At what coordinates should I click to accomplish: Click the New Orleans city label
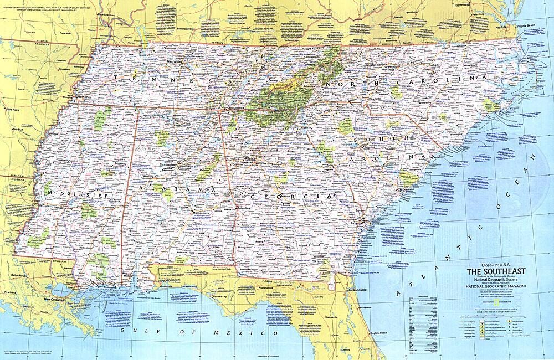click(54, 300)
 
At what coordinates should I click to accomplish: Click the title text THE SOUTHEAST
click(496, 271)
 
